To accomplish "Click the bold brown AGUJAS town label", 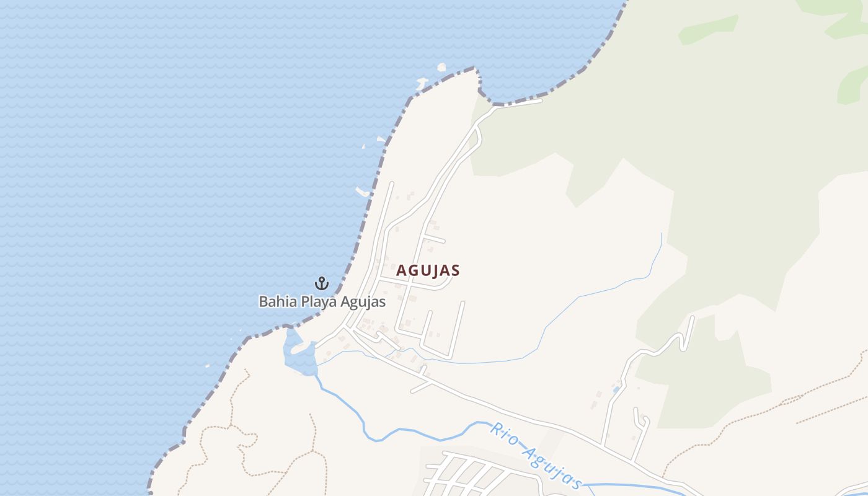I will (428, 270).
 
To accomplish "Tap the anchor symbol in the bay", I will (321, 283).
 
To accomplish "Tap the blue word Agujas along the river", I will (555, 466).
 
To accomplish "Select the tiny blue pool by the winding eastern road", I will (616, 390).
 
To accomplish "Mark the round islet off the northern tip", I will (441, 67).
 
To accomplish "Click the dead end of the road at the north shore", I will (541, 100).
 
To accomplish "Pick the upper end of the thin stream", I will (662, 234).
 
